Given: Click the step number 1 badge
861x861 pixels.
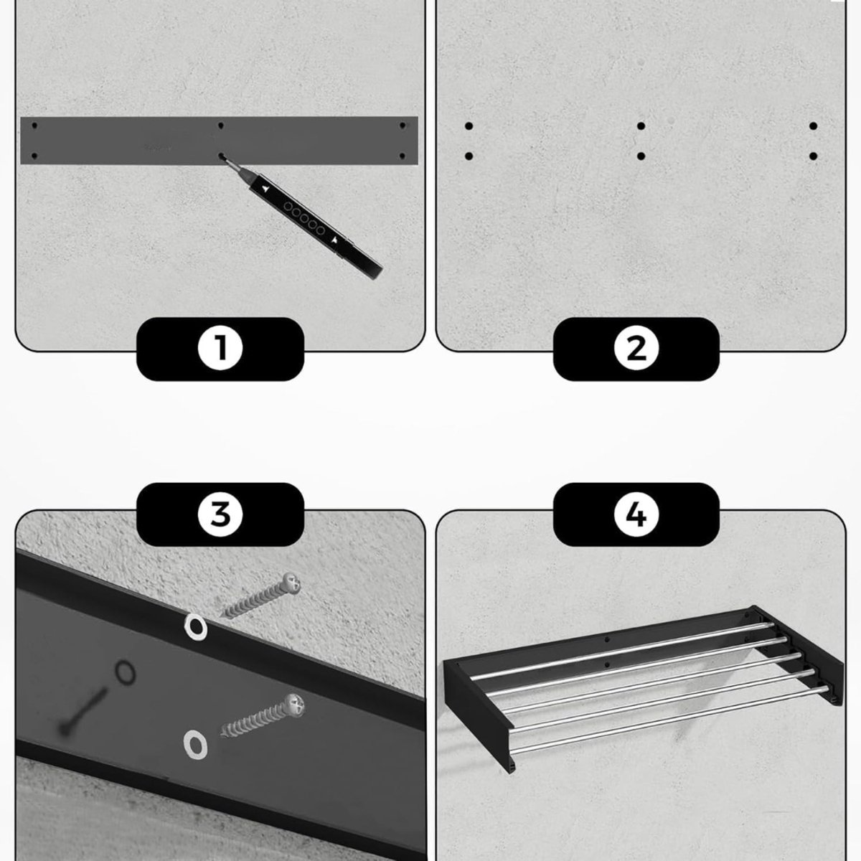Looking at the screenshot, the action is pyautogui.click(x=220, y=349).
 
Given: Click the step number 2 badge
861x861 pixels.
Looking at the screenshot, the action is pyautogui.click(x=636, y=349).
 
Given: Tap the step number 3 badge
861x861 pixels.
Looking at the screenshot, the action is pyautogui.click(x=220, y=514).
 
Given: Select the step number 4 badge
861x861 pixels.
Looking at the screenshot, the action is pyautogui.click(x=636, y=514).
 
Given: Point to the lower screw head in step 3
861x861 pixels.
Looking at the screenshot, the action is pyautogui.click(x=295, y=707).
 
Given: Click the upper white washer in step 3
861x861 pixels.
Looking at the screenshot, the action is pyautogui.click(x=195, y=626).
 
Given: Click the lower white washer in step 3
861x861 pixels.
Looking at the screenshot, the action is pyautogui.click(x=195, y=745).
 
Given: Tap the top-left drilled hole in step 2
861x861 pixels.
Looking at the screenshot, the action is pyautogui.click(x=469, y=126).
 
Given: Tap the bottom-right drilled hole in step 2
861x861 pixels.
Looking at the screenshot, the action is pyautogui.click(x=813, y=156).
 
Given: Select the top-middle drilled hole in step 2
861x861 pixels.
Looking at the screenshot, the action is pyautogui.click(x=641, y=126).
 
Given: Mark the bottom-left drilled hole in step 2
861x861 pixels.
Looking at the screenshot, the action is pyautogui.click(x=469, y=156).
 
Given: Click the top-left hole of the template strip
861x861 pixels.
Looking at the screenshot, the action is pyautogui.click(x=34, y=126).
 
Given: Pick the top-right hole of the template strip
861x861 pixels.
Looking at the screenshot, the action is pyautogui.click(x=403, y=126).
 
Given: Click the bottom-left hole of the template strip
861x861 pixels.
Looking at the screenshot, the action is pyautogui.click(x=34, y=156).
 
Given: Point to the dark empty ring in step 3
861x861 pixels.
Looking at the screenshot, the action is pyautogui.click(x=125, y=672).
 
